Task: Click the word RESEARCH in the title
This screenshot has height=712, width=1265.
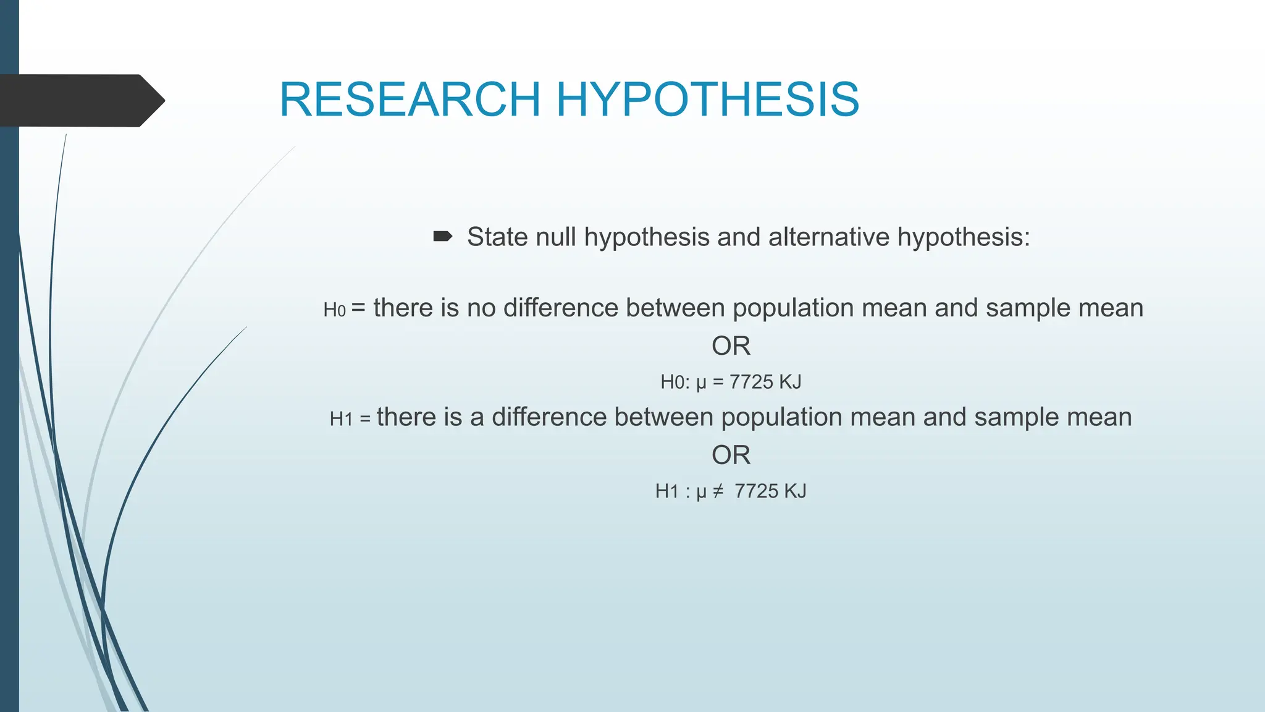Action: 410,100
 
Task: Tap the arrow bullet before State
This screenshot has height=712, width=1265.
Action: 443,237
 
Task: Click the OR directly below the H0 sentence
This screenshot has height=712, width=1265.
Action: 731,346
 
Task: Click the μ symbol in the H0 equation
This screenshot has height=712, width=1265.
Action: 701,383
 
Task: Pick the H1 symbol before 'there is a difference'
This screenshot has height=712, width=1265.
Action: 341,419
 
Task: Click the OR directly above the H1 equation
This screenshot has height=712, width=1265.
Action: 731,456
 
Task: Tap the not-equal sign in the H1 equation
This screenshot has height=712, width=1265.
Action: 718,491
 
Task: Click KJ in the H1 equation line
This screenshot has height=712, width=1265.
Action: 795,491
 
